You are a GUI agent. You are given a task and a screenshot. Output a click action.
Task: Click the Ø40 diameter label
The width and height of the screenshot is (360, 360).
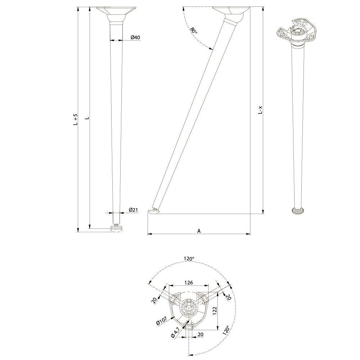click(x=135, y=37)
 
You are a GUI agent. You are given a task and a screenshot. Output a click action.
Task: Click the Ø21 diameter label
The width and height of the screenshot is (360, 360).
click(x=133, y=210)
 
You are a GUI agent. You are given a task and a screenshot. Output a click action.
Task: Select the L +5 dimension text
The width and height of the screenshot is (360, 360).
click(x=75, y=120)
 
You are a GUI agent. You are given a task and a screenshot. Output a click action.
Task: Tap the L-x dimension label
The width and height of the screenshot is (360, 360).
click(x=260, y=110)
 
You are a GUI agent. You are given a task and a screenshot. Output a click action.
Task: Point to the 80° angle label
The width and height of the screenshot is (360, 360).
click(x=194, y=30)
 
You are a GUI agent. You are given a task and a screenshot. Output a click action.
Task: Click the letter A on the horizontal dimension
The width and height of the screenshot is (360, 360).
click(x=199, y=231)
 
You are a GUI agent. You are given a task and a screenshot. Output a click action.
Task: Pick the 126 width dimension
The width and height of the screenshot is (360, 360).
click(x=189, y=283)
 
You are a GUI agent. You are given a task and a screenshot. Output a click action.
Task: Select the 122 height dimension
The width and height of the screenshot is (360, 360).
click(x=215, y=311)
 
